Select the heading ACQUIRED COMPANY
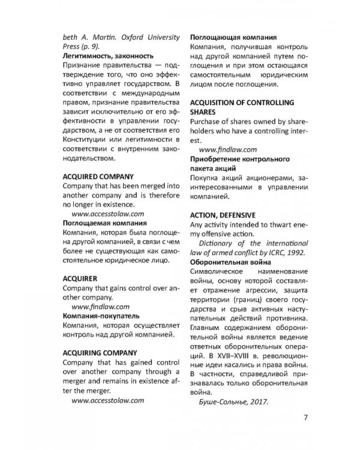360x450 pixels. point(98,178)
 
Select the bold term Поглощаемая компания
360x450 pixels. point(102,223)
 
